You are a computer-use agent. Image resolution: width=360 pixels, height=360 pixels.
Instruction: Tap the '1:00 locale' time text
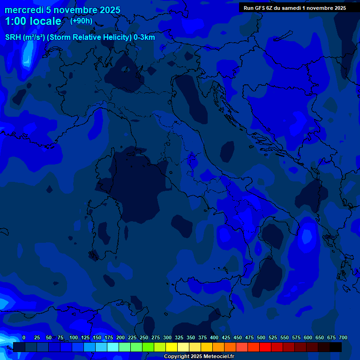tap(33, 22)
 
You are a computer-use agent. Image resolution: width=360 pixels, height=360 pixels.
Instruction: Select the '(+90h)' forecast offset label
tap(81, 21)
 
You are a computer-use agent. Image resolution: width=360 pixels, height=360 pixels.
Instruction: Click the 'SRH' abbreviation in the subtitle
tap(13, 37)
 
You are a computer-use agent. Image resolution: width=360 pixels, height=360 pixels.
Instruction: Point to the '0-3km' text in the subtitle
tap(144, 37)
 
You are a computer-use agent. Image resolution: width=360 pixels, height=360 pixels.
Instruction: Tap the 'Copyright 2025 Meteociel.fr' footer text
tap(199, 356)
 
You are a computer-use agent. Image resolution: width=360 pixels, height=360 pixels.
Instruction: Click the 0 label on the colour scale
tap(24, 337)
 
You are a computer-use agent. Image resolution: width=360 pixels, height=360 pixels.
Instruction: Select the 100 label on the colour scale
tap(74, 337)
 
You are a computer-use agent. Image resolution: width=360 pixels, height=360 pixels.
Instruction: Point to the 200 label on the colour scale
tap(120, 337)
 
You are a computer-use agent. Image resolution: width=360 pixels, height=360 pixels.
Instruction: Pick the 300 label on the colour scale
tap(167, 337)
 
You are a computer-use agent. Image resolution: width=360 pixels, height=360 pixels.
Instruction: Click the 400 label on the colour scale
tap(214, 337)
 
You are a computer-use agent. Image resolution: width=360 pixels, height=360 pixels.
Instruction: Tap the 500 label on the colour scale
tap(261, 337)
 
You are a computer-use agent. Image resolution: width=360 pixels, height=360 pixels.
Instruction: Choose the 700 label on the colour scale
tap(343, 337)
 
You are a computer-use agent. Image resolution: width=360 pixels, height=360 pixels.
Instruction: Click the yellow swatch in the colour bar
tap(172, 347)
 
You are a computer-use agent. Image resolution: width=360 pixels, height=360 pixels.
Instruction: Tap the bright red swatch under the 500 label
tap(265, 347)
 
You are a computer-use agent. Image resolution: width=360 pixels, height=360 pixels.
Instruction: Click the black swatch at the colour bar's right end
tap(336, 347)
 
